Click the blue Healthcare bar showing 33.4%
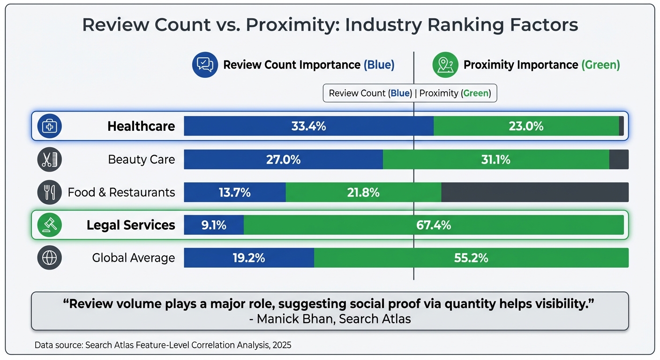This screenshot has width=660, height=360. (308, 126)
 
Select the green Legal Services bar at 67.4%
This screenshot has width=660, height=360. (434, 225)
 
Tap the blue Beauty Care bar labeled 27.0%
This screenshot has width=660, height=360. (283, 159)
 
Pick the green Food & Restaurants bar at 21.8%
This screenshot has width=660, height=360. (363, 192)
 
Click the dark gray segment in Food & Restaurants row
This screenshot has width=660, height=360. (534, 192)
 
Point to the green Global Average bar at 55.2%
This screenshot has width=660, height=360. (471, 258)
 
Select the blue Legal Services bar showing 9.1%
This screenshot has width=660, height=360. (214, 225)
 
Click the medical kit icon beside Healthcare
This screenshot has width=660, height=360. (49, 126)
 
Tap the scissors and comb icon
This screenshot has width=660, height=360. (49, 159)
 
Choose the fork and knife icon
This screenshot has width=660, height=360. (49, 192)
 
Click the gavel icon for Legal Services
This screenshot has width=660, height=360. (49, 225)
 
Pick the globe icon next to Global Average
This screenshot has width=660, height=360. (49, 258)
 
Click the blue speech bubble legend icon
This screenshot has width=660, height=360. (205, 65)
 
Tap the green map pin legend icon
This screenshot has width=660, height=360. (445, 65)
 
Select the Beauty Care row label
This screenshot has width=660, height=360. (141, 159)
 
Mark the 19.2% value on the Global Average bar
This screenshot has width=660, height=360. (249, 258)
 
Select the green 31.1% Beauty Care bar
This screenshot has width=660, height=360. (495, 159)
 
